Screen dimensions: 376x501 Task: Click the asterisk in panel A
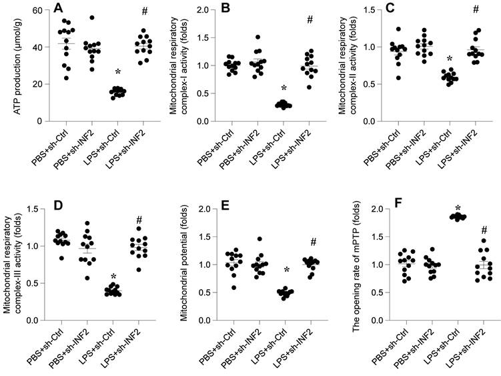(117, 71)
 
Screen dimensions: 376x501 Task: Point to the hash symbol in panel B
(310, 19)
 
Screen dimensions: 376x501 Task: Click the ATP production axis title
(11, 65)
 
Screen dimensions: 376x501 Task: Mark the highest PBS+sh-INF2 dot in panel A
(92, 18)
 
